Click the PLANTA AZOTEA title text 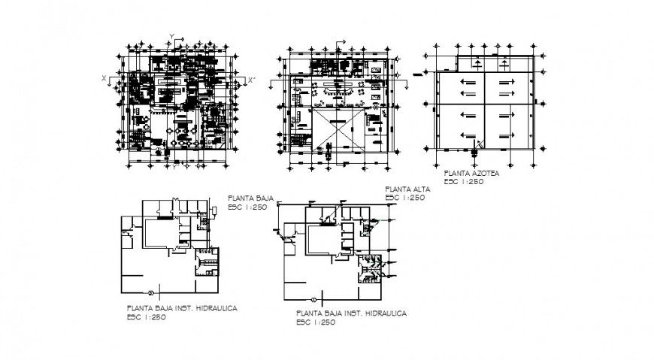pyautogui.click(x=471, y=173)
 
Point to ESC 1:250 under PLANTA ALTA pyautogui.click(x=404, y=198)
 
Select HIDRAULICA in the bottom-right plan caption pyautogui.click(x=382, y=313)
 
